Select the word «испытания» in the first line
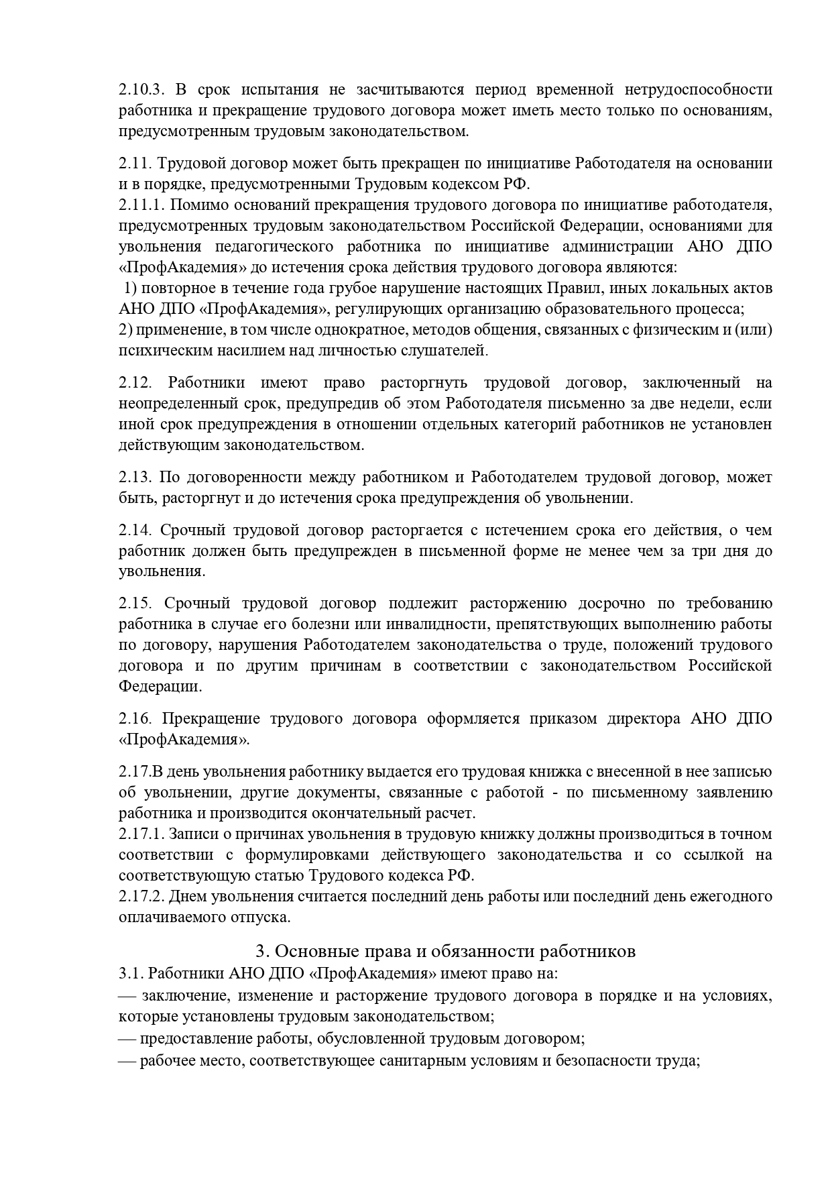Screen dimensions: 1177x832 point(278,90)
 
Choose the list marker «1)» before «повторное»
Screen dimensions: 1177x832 point(131,288)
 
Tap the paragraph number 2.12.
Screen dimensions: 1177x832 point(135,383)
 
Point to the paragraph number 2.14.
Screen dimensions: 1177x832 point(135,530)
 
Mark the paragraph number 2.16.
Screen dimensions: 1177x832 point(135,719)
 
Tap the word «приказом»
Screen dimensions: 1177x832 point(562,719)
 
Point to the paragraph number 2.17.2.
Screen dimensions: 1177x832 point(141,897)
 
